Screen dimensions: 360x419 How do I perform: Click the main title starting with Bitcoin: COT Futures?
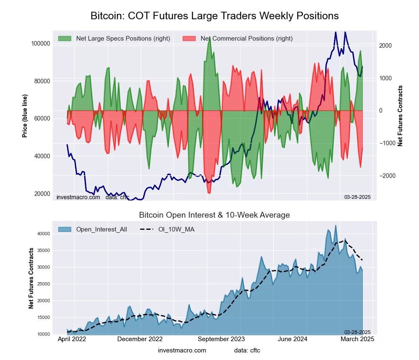click(215, 16)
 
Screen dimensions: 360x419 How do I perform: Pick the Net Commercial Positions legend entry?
click(246, 39)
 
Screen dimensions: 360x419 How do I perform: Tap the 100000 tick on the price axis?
click(41, 44)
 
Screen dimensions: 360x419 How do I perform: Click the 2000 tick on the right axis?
click(385, 46)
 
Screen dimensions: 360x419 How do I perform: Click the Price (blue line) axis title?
click(25, 116)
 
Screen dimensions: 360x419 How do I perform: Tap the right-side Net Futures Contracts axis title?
click(400, 116)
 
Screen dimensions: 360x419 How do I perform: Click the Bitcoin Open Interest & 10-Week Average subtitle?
click(215, 215)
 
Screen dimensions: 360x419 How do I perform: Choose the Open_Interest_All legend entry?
click(101, 229)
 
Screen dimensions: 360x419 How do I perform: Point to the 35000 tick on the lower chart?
click(44, 250)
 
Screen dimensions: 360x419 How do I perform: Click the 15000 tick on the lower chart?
click(44, 317)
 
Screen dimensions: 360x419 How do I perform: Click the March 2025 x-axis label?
click(357, 339)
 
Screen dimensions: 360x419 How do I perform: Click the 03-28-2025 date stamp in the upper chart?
click(357, 197)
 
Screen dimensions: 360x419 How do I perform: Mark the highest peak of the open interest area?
click(336, 225)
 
